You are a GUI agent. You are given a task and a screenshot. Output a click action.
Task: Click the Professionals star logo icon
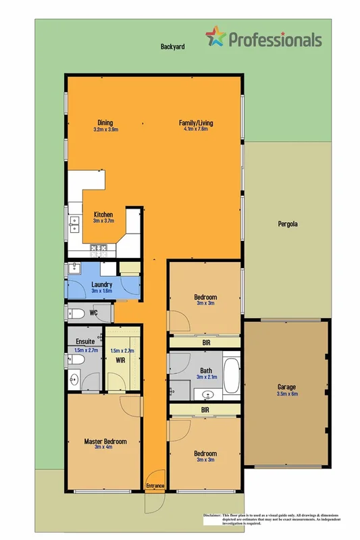click(x=216, y=37)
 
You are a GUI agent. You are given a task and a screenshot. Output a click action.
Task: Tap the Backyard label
click(x=173, y=47)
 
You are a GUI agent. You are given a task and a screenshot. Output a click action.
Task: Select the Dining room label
click(x=105, y=122)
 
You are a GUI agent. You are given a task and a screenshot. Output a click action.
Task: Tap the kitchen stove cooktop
click(x=98, y=250)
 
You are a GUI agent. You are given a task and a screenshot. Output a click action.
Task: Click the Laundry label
click(x=101, y=284)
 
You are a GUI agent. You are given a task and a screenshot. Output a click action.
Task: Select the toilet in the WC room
click(x=76, y=313)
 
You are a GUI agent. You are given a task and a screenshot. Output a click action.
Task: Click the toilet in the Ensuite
click(x=76, y=360)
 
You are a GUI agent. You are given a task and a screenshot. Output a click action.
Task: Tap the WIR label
click(x=120, y=361)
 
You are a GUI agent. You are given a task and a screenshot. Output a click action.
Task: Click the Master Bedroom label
click(x=105, y=441)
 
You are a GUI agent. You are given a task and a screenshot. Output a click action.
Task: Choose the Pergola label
click(x=288, y=223)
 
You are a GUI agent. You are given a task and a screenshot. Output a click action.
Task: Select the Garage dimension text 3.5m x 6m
click(x=287, y=394)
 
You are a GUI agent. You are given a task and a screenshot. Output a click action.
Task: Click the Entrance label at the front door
click(x=155, y=485)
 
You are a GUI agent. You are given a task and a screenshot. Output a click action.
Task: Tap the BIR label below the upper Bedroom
click(x=205, y=342)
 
